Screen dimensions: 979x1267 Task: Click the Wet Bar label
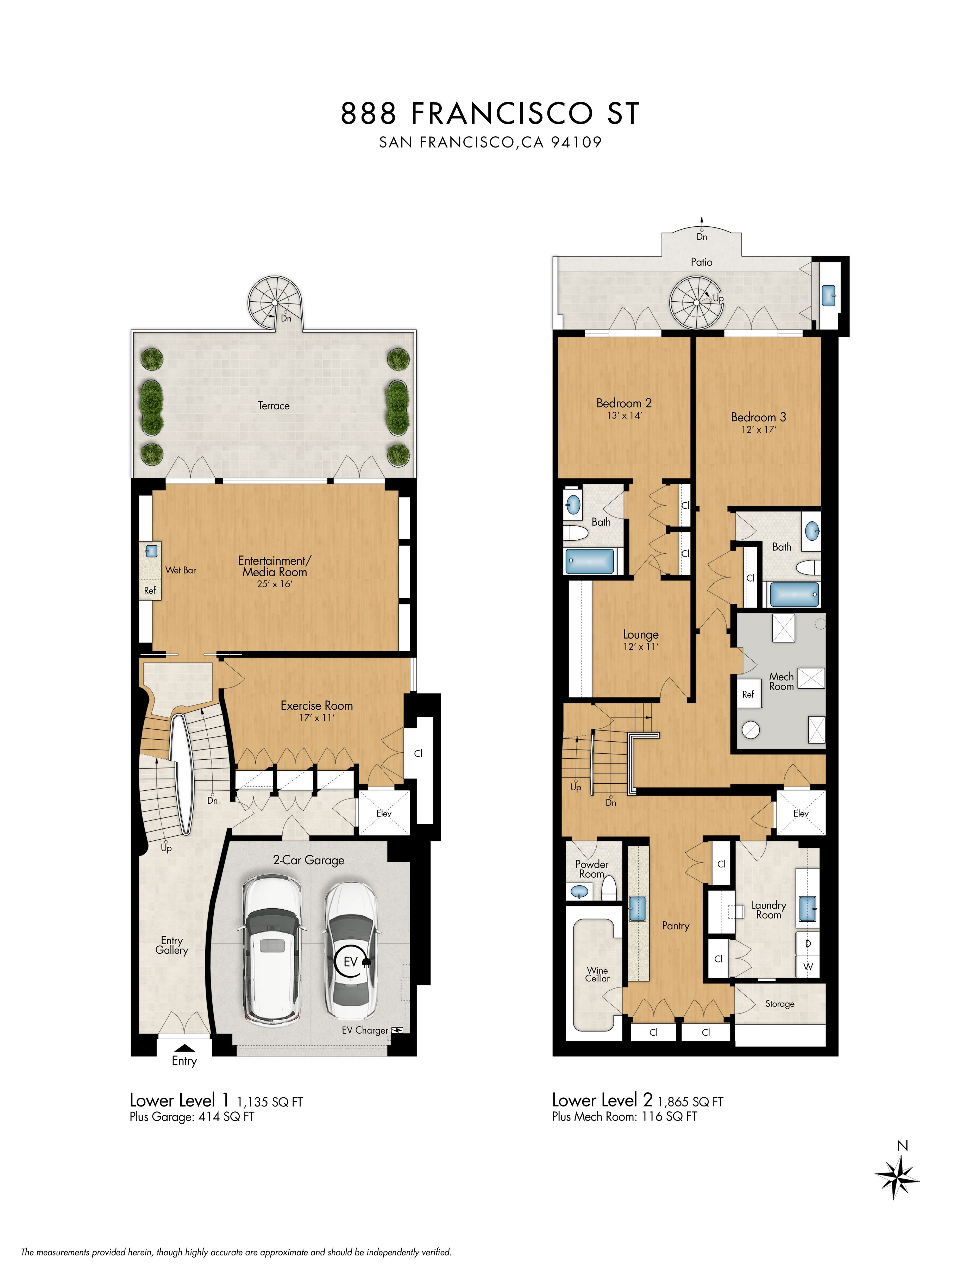(x=181, y=570)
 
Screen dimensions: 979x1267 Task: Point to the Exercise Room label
(x=317, y=705)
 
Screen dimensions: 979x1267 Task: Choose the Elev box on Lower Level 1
(x=384, y=813)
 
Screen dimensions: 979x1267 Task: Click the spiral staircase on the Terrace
(x=273, y=303)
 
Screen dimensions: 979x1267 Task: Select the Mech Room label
(x=781, y=681)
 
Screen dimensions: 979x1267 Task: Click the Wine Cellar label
(x=597, y=974)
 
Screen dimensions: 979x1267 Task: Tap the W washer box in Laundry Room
(x=808, y=966)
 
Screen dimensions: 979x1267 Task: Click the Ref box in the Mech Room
(x=748, y=695)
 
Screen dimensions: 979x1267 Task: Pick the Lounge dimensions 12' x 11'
(x=641, y=646)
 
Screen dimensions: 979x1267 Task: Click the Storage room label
(x=779, y=1004)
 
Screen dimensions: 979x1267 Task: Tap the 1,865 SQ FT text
(x=691, y=1102)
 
